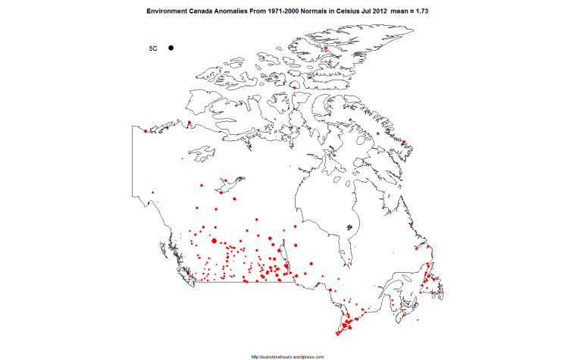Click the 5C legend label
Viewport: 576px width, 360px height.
[152, 49]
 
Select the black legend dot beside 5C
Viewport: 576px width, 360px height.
[172, 48]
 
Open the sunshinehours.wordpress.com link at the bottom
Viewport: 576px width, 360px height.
[288, 356]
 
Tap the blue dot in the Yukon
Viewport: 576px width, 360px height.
[152, 193]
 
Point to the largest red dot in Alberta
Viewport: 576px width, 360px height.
[214, 241]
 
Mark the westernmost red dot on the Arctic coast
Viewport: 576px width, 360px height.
[145, 131]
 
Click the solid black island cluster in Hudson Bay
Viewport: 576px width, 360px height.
[349, 227]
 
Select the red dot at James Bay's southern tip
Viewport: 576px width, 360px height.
[346, 265]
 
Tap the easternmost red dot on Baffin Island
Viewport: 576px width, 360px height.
[404, 142]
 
